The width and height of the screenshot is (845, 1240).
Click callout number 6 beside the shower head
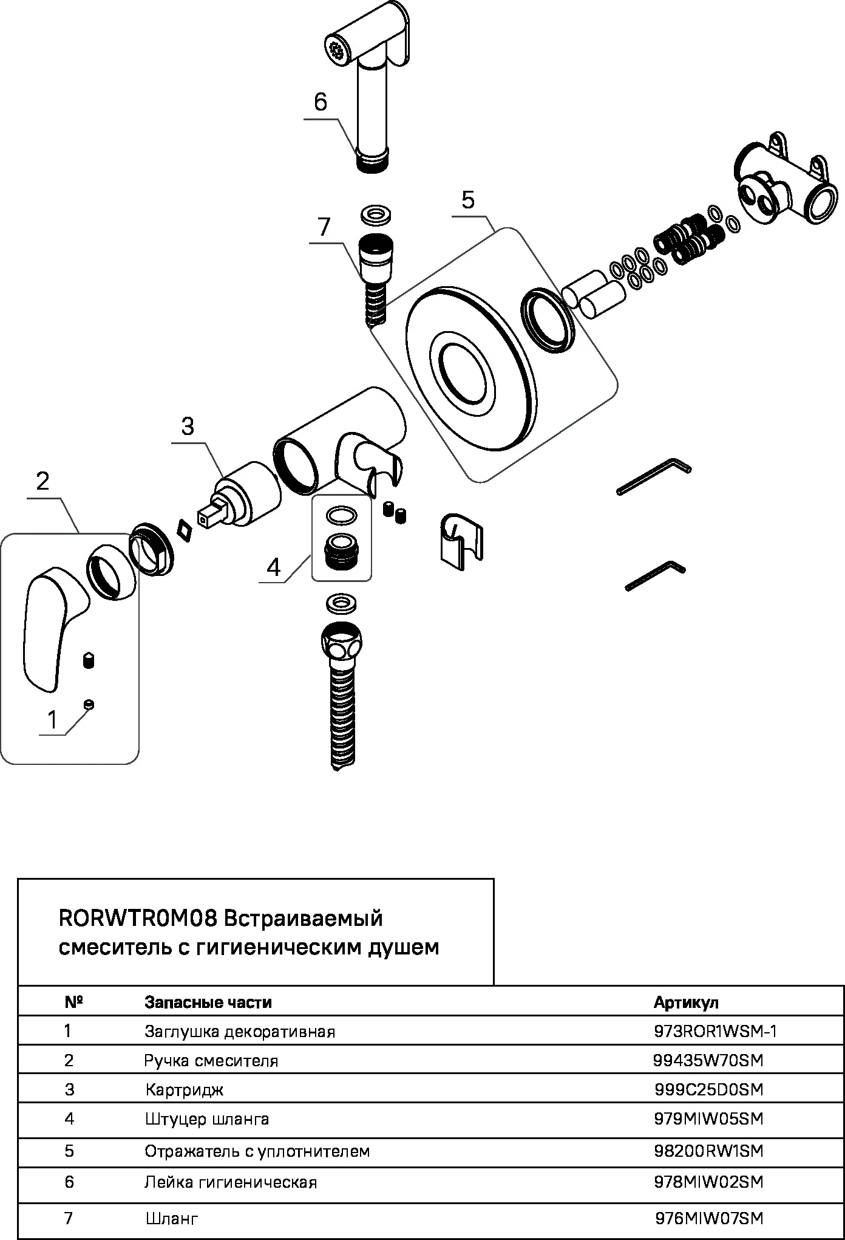click(x=321, y=102)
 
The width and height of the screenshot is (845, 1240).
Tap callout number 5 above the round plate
click(x=467, y=199)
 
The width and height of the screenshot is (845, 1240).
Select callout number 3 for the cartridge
click(x=188, y=426)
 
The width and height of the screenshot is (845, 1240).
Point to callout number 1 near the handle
click(x=52, y=720)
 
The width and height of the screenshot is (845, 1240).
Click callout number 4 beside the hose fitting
click(x=274, y=567)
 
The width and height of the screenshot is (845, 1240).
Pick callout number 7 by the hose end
click(x=324, y=227)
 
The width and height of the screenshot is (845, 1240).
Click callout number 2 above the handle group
click(x=42, y=481)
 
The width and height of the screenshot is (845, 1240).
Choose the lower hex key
click(x=656, y=574)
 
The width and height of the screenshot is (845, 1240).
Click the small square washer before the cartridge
click(x=183, y=529)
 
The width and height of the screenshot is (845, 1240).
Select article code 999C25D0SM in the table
click(x=708, y=1089)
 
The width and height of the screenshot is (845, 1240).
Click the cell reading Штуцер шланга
click(x=207, y=1118)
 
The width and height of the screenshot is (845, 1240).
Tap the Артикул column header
click(x=686, y=1002)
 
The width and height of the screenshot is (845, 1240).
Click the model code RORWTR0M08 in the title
click(x=138, y=917)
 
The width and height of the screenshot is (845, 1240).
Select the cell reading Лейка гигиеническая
click(x=231, y=1182)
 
